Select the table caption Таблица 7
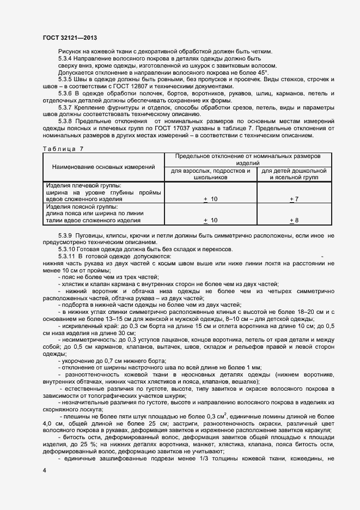point(63,148)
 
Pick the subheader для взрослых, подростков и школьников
point(210,174)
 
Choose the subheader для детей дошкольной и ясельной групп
point(294,174)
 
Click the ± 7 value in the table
point(293,199)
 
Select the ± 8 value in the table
point(293,220)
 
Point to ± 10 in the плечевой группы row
point(210,199)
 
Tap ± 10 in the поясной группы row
point(210,220)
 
